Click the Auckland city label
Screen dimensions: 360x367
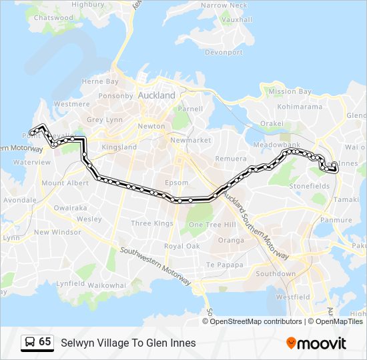coord(157,95)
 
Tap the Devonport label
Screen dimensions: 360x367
coord(224,52)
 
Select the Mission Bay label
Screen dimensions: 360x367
coord(290,91)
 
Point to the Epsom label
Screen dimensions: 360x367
coord(177,182)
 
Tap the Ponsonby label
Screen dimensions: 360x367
coord(116,95)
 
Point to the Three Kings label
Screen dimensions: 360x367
coord(151,223)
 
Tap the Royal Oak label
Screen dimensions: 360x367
coord(182,246)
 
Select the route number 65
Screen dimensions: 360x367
coord(45,342)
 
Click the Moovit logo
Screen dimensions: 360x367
coord(316,343)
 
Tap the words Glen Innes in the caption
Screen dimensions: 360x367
coord(173,343)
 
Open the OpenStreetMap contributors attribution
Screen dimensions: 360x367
coord(256,321)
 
